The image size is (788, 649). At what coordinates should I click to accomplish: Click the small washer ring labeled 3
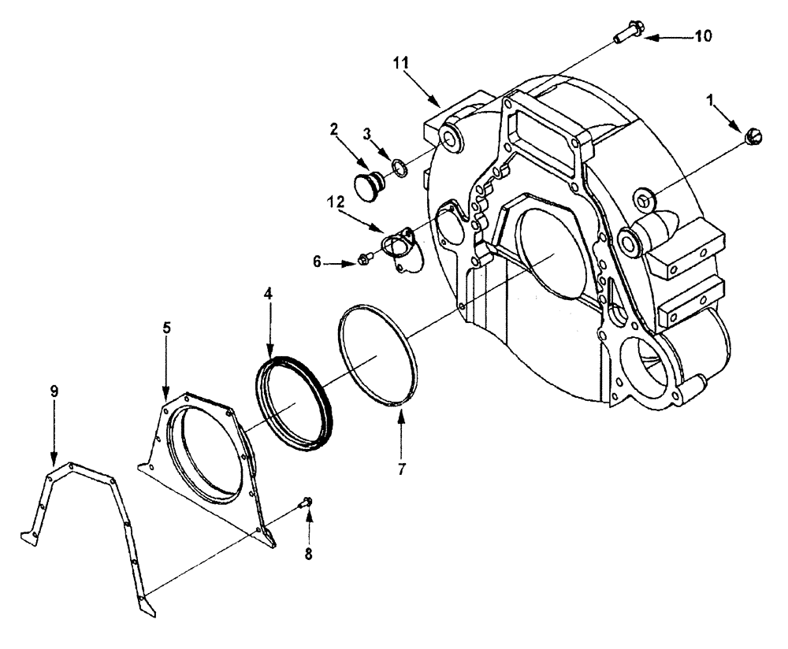pos(400,168)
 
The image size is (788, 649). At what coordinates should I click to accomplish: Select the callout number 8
pos(308,554)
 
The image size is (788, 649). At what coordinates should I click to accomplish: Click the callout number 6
pos(318,261)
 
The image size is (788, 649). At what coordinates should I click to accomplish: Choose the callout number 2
pos(334,127)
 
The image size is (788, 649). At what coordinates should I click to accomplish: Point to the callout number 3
pos(366,133)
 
